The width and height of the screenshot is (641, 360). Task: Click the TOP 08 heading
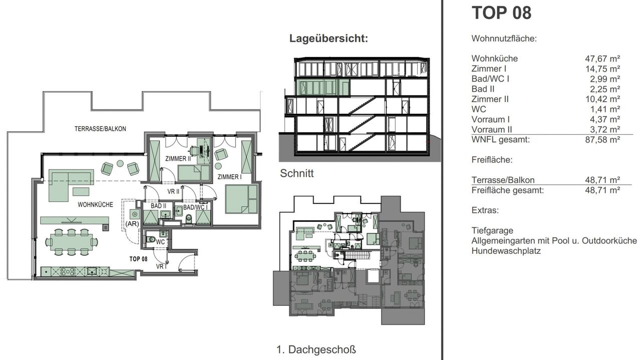pos(501,13)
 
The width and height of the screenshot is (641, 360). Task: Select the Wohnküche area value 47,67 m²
pos(602,59)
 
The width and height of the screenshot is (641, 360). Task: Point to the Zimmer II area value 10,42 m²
pos(602,99)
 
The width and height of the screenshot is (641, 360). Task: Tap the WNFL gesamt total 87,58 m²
pos(602,140)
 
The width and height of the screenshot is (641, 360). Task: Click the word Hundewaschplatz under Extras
pos(506,251)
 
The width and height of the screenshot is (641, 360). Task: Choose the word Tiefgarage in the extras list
pos(492,231)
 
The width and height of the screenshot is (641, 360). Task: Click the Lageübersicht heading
pos(329,39)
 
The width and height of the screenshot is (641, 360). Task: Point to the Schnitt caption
pos(297,173)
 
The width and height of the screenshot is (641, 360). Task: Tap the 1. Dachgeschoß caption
pos(316,349)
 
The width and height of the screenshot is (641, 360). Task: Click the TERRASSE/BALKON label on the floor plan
pos(100,129)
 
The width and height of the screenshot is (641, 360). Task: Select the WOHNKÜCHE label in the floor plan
pos(95,205)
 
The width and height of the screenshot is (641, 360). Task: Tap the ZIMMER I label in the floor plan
pos(229,177)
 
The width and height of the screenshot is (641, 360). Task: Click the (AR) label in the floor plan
pos(132,224)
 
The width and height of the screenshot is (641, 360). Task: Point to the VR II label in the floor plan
pos(173,191)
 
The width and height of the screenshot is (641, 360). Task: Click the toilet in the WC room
pos(151,239)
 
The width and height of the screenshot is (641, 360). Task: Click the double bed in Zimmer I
pos(241,199)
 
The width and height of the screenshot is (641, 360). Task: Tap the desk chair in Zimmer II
pos(194,150)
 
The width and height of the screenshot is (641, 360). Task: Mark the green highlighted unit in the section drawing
pos(323,87)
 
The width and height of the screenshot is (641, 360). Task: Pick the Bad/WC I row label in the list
pos(490,79)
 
